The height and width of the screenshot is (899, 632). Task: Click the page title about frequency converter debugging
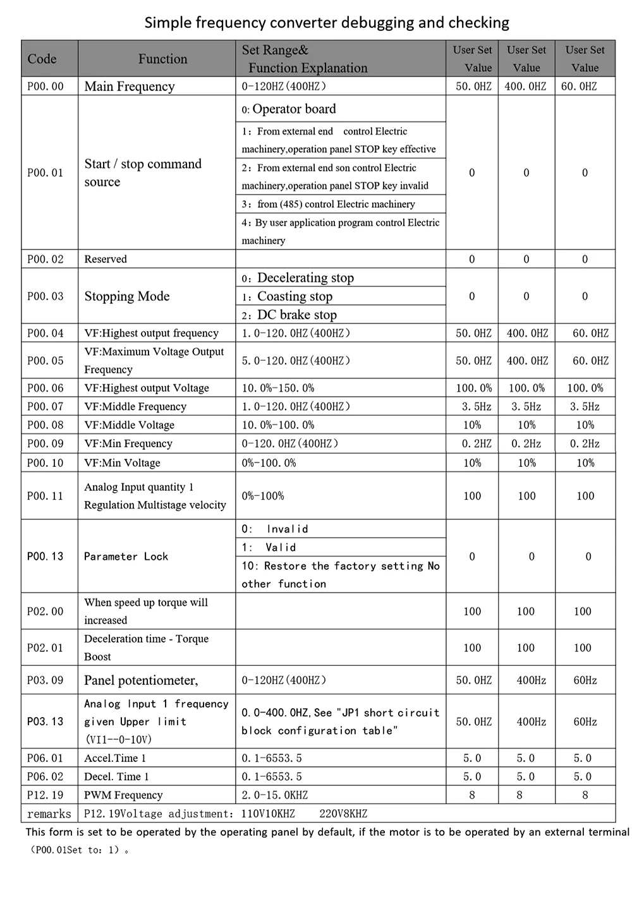tap(327, 23)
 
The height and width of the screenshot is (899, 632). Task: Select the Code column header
tap(42, 59)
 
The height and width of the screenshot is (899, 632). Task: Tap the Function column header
tap(162, 59)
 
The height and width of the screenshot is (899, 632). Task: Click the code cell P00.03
tap(46, 296)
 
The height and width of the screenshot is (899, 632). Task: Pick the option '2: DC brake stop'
tap(289, 315)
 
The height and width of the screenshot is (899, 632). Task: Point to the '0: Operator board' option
tap(289, 109)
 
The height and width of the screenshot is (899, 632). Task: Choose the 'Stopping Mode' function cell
tap(127, 296)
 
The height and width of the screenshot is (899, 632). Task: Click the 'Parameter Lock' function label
tap(126, 557)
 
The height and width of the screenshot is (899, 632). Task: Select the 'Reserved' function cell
tap(106, 259)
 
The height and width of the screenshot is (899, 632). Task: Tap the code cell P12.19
tap(46, 795)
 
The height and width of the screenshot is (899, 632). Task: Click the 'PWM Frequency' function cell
tap(123, 795)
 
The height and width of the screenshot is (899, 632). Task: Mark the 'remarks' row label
tap(49, 814)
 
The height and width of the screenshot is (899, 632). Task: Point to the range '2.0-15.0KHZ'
tap(275, 795)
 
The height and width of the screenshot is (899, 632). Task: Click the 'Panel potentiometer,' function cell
tap(141, 680)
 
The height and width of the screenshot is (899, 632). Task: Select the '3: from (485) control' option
tap(329, 204)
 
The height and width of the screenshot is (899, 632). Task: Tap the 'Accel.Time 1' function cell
tap(115, 758)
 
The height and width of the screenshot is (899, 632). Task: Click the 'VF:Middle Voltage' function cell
tap(129, 425)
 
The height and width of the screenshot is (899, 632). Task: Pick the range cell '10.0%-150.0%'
tap(278, 388)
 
